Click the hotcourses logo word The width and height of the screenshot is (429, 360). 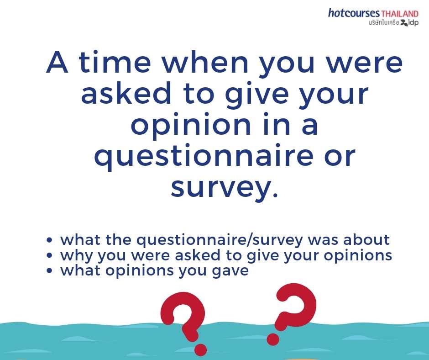point(354,13)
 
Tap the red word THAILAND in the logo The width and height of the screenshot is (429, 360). point(400,14)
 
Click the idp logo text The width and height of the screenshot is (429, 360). point(413,22)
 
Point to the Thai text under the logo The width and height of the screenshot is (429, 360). point(384,23)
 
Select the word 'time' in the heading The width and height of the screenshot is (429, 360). point(115,62)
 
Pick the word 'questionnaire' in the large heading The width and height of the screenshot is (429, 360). point(204,156)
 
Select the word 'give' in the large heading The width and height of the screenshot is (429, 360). point(257,94)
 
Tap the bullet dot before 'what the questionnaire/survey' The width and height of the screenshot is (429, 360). point(49,240)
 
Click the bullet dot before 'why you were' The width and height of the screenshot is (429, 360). point(49,255)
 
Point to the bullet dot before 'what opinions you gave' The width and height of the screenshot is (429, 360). point(49,270)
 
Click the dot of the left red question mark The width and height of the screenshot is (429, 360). point(200,349)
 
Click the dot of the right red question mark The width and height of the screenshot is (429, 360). point(273,339)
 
